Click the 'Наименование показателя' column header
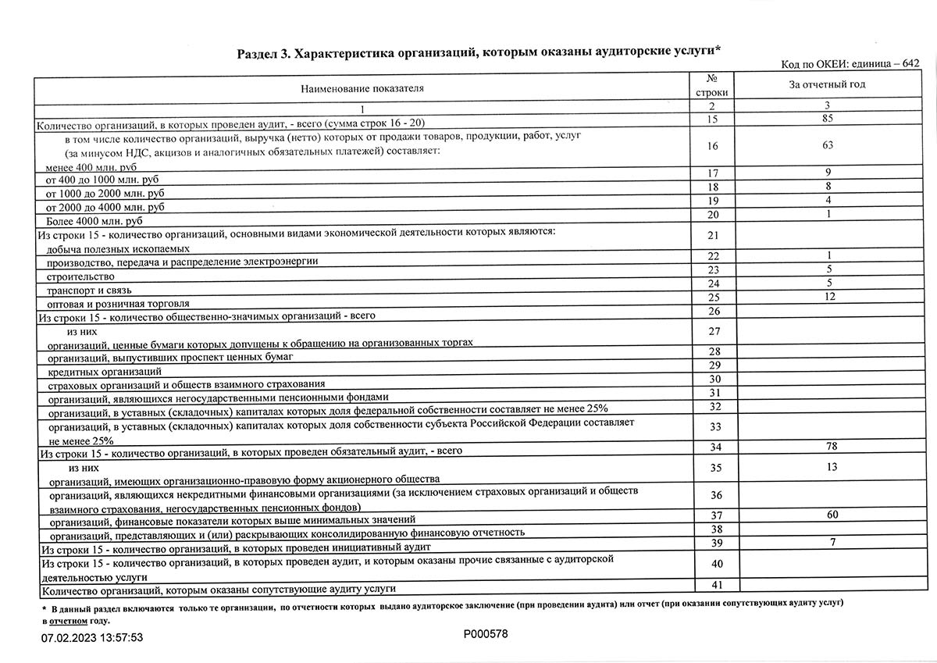362,88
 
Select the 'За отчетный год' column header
827,84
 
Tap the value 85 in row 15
827,119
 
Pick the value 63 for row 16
827,144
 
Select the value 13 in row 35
832,467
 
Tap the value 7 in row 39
833,542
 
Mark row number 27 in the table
713,331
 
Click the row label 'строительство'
80,276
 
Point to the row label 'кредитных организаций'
105,371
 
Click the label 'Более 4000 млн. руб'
95,222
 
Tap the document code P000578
486,634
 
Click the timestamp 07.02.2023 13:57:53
92,638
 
